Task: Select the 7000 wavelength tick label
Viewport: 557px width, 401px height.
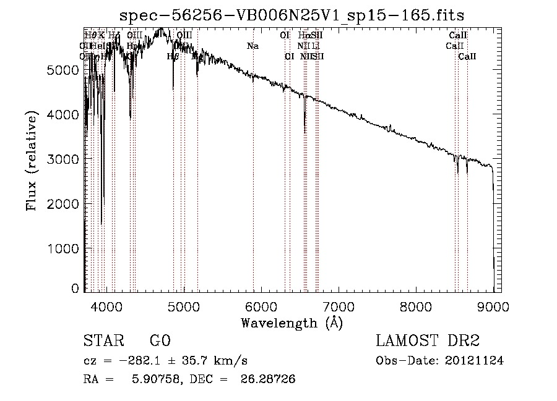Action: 338,305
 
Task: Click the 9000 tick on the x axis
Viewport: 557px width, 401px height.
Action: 493,305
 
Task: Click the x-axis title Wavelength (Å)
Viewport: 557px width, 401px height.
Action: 291,322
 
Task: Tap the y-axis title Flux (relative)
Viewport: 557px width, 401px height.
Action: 31,160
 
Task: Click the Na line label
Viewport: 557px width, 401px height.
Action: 253,46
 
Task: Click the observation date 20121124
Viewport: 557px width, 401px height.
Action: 475,360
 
